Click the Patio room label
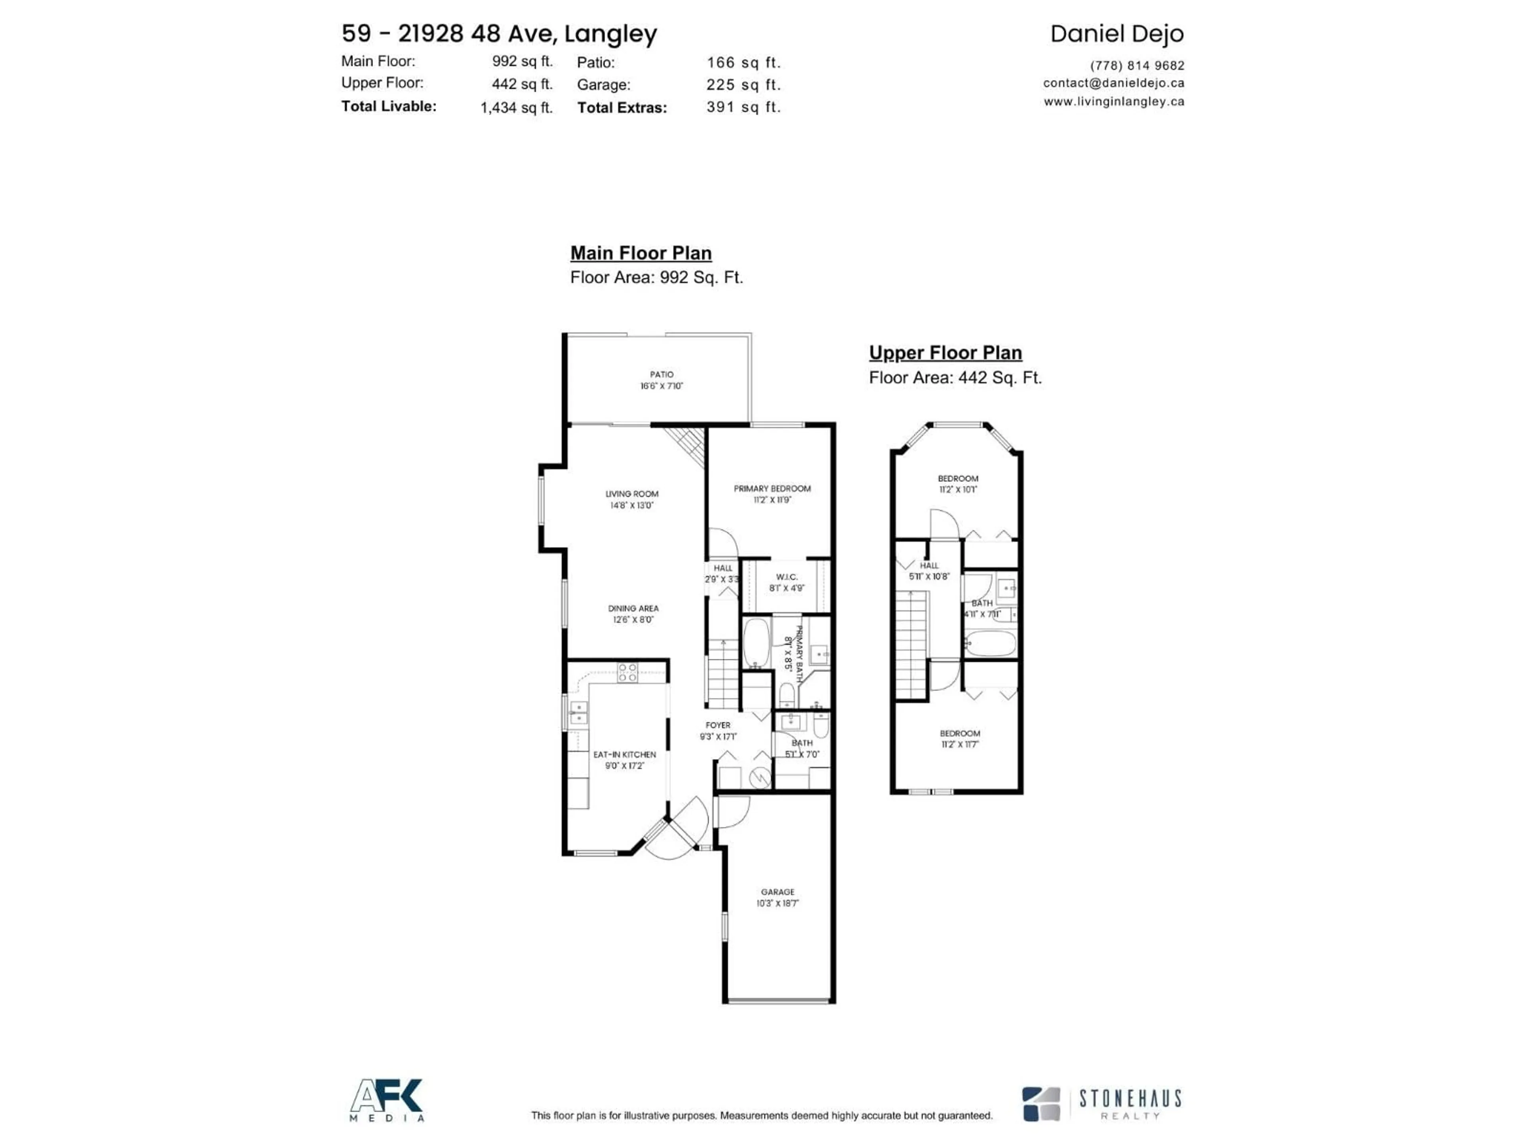point(661,374)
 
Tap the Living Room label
point(631,494)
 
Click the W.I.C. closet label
point(786,577)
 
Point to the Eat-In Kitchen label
point(624,754)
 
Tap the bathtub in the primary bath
point(756,642)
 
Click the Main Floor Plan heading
point(640,253)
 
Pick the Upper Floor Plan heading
point(945,353)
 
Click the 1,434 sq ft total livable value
point(516,108)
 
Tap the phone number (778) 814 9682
point(1136,66)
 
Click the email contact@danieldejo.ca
point(1113,83)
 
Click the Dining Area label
point(633,608)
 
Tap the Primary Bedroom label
point(772,488)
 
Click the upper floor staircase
point(911,646)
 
